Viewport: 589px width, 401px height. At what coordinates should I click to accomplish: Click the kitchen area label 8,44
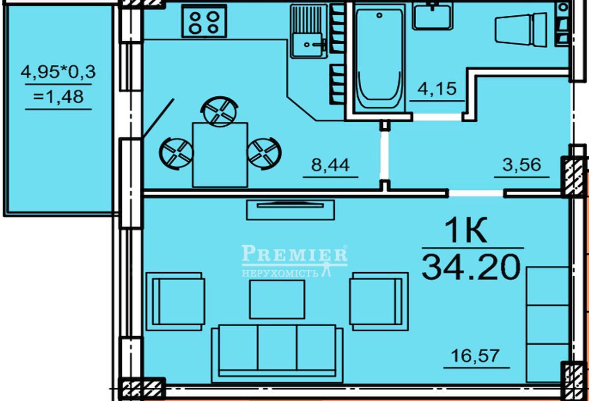pyautogui.click(x=330, y=165)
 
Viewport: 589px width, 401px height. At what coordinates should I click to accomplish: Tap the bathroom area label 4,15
pyautogui.click(x=437, y=88)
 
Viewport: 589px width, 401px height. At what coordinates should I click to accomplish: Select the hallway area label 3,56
pyautogui.click(x=522, y=165)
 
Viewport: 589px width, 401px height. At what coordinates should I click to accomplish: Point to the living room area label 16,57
pyautogui.click(x=475, y=356)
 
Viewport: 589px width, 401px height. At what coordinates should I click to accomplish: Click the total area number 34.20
pyautogui.click(x=471, y=267)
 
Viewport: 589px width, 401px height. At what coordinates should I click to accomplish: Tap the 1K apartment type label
pyautogui.click(x=466, y=230)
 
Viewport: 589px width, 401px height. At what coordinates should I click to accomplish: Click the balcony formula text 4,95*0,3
pyautogui.click(x=58, y=72)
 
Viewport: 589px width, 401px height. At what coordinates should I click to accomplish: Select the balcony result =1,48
pyautogui.click(x=58, y=96)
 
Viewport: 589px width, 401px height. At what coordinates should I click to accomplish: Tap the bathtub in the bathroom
pyautogui.click(x=379, y=58)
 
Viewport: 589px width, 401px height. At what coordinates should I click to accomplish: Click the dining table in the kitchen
pyautogui.click(x=220, y=155)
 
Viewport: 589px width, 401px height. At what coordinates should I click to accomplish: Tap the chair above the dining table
pyautogui.click(x=220, y=112)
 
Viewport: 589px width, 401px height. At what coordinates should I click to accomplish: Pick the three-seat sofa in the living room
pyautogui.click(x=277, y=354)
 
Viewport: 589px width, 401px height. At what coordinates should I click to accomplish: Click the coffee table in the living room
pyautogui.click(x=277, y=300)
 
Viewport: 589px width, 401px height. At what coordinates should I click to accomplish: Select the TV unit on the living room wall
pyautogui.click(x=290, y=209)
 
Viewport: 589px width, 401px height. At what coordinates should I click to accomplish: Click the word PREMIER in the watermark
pyautogui.click(x=294, y=253)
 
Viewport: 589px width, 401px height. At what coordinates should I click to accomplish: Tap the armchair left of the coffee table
pyautogui.click(x=176, y=301)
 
